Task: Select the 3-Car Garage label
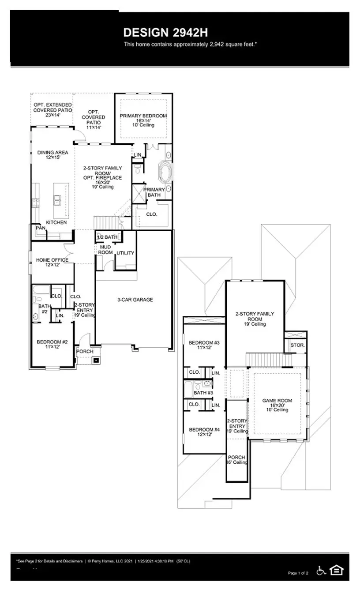[135, 300]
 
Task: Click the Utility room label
[125, 253]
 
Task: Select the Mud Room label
[105, 250]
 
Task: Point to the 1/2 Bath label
[107, 237]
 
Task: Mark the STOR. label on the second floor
[297, 345]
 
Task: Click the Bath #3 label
[203, 393]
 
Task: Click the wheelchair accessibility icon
[322, 570]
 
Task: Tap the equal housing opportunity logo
[337, 570]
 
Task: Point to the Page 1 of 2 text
[298, 573]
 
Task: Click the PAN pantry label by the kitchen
[40, 228]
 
